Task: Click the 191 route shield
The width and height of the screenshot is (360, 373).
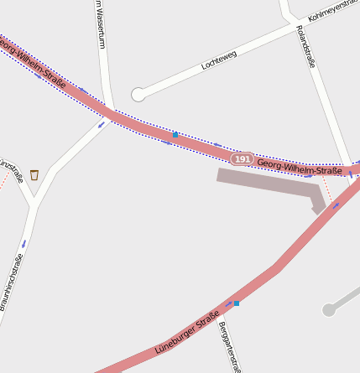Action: [x=243, y=158]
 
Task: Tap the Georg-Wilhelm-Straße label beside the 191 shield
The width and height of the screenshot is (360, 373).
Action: [x=300, y=168]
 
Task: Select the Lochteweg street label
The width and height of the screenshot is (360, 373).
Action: [x=219, y=60]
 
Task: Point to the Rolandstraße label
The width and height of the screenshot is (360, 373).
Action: [x=305, y=45]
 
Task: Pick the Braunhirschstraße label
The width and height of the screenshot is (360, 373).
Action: [x=12, y=282]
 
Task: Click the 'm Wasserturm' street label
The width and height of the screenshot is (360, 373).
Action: [x=100, y=23]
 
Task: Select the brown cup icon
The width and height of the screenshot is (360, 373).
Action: [x=34, y=174]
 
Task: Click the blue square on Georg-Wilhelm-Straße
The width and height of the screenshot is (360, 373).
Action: [x=175, y=134]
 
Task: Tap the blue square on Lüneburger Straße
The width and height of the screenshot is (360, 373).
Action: [x=237, y=303]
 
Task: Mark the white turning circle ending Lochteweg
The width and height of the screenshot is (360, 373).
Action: [x=138, y=95]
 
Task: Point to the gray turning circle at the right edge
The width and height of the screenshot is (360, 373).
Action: [x=329, y=310]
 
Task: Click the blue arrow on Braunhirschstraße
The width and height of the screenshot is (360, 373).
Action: [x=23, y=243]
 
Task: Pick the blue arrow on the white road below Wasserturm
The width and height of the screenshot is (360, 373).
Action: [x=102, y=125]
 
